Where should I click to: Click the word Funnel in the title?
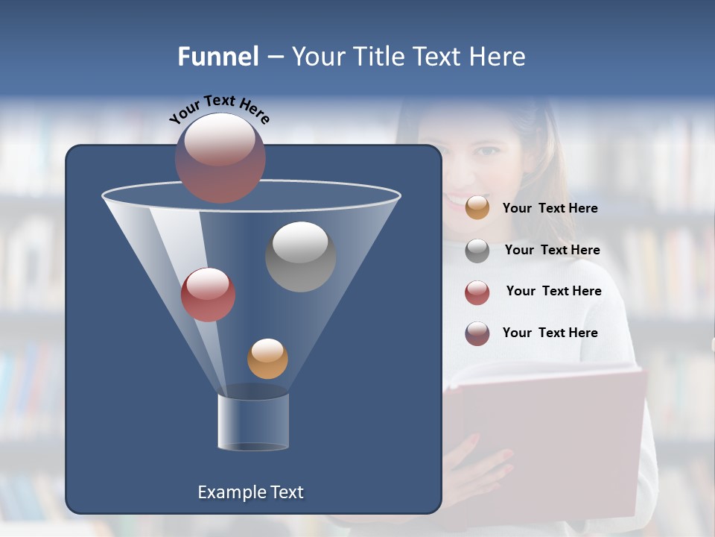(217, 57)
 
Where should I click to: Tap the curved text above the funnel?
(219, 107)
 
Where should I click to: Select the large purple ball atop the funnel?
(220, 157)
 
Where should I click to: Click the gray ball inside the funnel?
(300, 256)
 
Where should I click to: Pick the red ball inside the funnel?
(208, 295)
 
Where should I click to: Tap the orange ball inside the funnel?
(267, 358)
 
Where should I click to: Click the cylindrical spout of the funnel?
(253, 421)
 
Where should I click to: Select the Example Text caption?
(250, 492)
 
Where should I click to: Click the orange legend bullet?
(477, 207)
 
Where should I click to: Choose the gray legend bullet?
(477, 251)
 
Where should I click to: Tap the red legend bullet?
(477, 292)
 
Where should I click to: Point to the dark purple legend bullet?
(477, 333)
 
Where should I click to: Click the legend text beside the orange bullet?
(550, 208)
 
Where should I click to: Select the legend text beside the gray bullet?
(552, 250)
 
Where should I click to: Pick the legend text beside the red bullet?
(553, 291)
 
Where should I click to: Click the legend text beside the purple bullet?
(550, 333)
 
